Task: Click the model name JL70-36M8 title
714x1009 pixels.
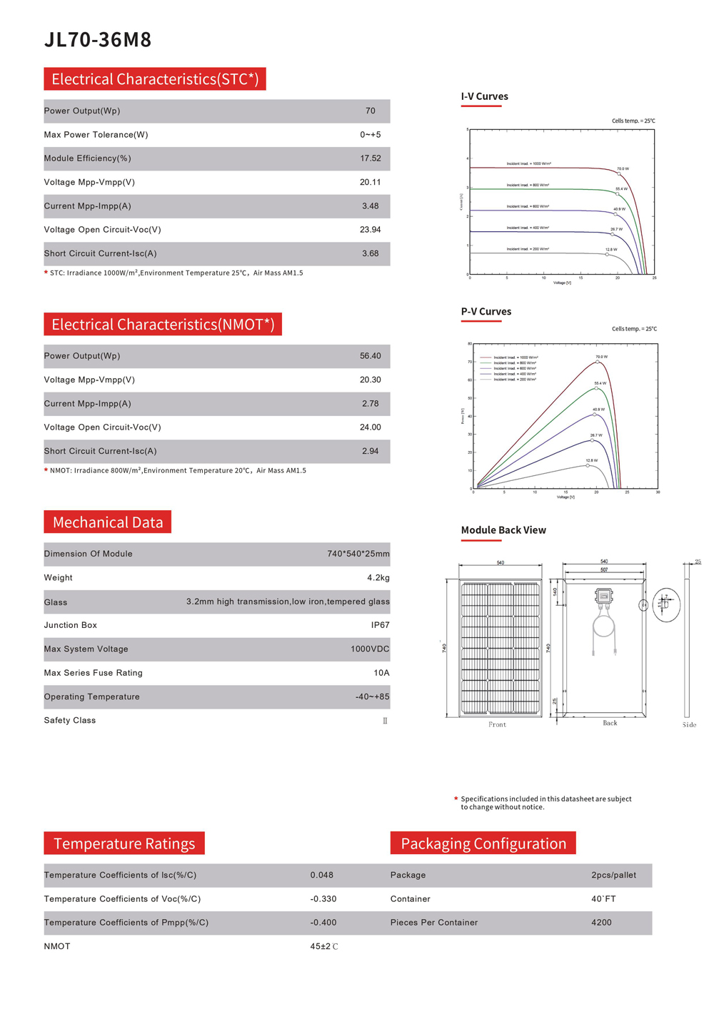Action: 98,40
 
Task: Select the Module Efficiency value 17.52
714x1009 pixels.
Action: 370,158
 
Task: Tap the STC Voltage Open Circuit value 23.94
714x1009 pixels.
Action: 370,230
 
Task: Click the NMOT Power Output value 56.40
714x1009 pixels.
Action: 370,356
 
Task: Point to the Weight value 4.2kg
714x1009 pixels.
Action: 378,578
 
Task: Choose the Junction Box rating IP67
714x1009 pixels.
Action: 380,625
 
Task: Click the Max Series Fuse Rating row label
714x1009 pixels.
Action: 93,673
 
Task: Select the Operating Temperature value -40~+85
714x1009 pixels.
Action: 372,697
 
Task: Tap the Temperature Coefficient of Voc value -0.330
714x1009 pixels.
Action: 323,899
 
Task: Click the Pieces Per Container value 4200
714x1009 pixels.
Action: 601,923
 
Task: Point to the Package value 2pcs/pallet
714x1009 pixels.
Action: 613,876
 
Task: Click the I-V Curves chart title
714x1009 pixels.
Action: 484,96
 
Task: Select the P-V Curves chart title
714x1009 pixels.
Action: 486,312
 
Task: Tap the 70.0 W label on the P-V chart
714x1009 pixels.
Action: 601,357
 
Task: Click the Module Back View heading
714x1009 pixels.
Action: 503,530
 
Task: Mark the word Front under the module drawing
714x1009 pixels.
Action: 497,725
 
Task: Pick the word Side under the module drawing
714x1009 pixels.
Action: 688,725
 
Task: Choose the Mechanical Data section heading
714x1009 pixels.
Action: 107,522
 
